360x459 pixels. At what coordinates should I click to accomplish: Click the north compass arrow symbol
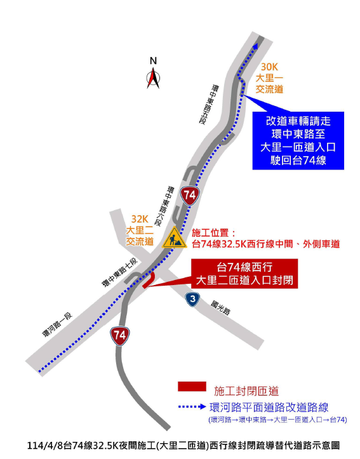pyautogui.click(x=153, y=78)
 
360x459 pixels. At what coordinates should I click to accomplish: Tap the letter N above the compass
pyautogui.click(x=153, y=61)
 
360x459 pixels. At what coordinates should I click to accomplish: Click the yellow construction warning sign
pyautogui.click(x=174, y=238)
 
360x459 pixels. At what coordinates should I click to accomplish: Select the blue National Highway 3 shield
pyautogui.click(x=192, y=299)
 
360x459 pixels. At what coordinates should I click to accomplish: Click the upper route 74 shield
pyautogui.click(x=190, y=196)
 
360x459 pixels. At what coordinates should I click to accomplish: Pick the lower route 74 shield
pyautogui.click(x=120, y=335)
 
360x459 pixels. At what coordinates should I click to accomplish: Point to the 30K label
pyautogui.click(x=269, y=67)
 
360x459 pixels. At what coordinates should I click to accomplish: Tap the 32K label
pyautogui.click(x=140, y=218)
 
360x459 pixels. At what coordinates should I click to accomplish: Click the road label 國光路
pyautogui.click(x=220, y=308)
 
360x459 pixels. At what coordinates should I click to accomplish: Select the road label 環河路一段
pyautogui.click(x=57, y=324)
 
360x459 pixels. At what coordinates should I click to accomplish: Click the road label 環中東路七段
pyautogui.click(x=119, y=272)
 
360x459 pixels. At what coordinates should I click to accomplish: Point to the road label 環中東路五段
pyautogui.click(x=208, y=104)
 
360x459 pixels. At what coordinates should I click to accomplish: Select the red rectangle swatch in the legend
pyautogui.click(x=192, y=386)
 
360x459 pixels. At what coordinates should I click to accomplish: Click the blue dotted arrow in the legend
pyautogui.click(x=192, y=406)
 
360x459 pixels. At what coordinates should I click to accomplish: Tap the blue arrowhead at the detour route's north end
pyautogui.click(x=256, y=46)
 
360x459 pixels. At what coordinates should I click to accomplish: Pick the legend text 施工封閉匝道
pyautogui.click(x=246, y=391)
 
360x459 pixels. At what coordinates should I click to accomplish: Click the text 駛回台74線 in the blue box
pyautogui.click(x=298, y=161)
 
